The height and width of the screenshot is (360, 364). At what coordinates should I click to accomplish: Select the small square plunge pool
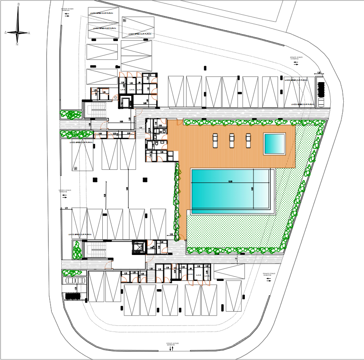click(x=274, y=143)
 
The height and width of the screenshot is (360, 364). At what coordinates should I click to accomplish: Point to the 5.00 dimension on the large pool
click(x=252, y=189)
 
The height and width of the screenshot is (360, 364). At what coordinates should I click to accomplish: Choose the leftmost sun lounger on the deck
click(x=215, y=140)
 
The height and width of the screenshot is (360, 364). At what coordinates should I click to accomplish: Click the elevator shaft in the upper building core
click(x=126, y=102)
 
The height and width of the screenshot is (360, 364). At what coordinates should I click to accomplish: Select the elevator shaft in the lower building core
click(x=138, y=248)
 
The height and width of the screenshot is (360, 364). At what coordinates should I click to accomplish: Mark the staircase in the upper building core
click(x=97, y=110)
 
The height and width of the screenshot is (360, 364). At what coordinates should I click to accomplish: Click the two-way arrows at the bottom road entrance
click(x=171, y=348)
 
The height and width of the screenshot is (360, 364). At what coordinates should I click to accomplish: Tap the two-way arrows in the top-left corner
click(x=67, y=14)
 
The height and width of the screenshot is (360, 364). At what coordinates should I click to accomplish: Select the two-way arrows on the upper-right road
click(x=296, y=63)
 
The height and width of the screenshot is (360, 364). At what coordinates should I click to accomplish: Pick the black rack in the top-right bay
click(x=320, y=89)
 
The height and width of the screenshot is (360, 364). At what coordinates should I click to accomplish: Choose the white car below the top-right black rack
click(x=320, y=103)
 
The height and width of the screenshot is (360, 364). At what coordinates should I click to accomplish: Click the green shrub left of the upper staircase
click(x=71, y=115)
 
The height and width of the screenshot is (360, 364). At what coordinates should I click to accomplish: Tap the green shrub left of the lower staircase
click(x=77, y=249)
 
